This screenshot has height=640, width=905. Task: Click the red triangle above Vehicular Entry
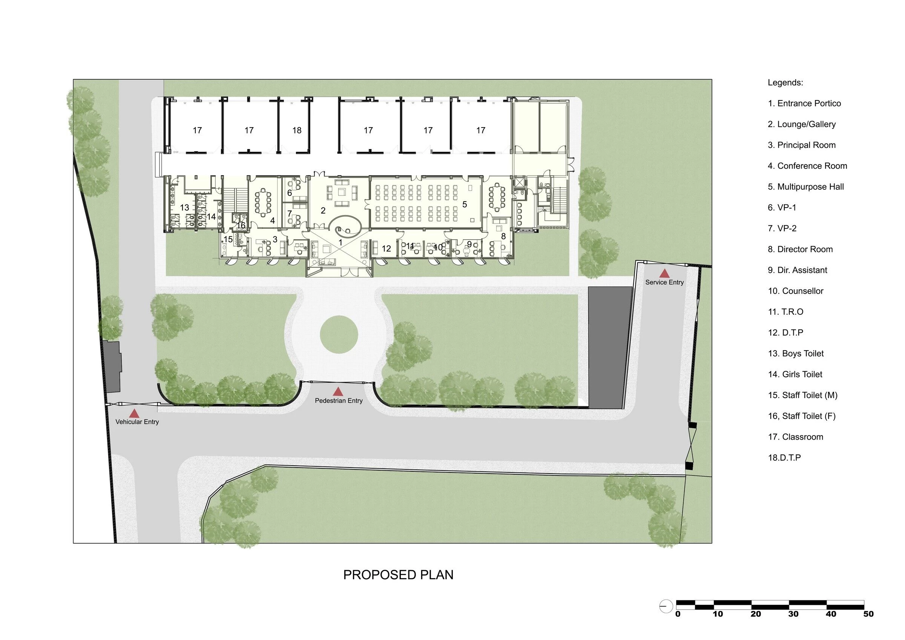coord(134,413)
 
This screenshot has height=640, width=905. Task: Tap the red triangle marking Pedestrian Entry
coord(338,392)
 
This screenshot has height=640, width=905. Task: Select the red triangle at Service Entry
coord(664,273)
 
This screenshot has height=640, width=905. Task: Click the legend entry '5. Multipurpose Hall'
coord(806,187)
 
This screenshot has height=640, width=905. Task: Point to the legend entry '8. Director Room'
coord(800,249)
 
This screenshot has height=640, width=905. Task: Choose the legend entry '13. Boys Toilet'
coord(795,353)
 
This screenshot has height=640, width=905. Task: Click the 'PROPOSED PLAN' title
coord(398,575)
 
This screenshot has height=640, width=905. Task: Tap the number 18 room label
coord(297,130)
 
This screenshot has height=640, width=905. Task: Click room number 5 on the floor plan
coord(465,204)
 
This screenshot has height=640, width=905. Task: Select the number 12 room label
coord(386,248)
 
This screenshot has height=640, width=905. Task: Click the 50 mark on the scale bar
coord(868,614)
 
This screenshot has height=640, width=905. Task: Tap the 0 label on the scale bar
coord(678,614)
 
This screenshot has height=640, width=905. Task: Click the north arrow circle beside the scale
coord(666,606)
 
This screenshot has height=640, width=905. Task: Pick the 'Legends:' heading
coord(785,83)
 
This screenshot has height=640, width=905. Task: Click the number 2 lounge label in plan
coord(323,211)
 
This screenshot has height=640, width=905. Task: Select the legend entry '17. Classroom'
coord(795,437)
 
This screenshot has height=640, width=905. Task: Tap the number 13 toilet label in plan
coord(184,208)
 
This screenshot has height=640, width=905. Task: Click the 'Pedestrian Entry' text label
coord(339,401)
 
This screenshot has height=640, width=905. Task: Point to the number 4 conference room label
coord(272,221)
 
